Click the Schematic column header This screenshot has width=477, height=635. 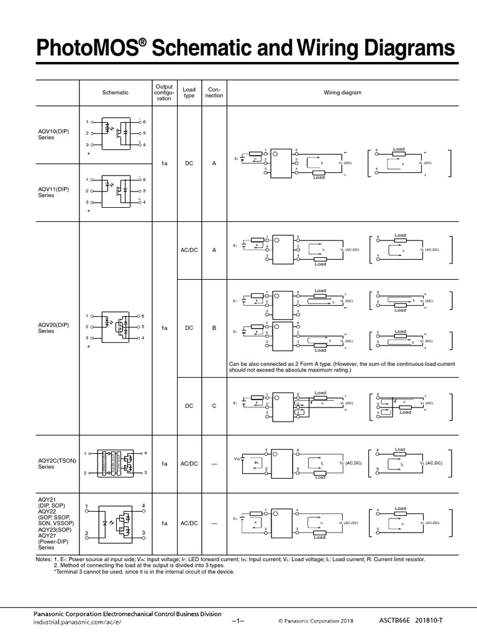115,92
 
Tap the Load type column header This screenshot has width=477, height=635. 189,92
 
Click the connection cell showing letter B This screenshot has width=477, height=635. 214,327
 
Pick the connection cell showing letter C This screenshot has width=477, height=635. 214,406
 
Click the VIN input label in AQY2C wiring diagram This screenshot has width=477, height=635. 236,459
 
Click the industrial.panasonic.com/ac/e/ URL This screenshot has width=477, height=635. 78,621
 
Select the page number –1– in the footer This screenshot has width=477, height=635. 239,620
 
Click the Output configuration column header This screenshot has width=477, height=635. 164,92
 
